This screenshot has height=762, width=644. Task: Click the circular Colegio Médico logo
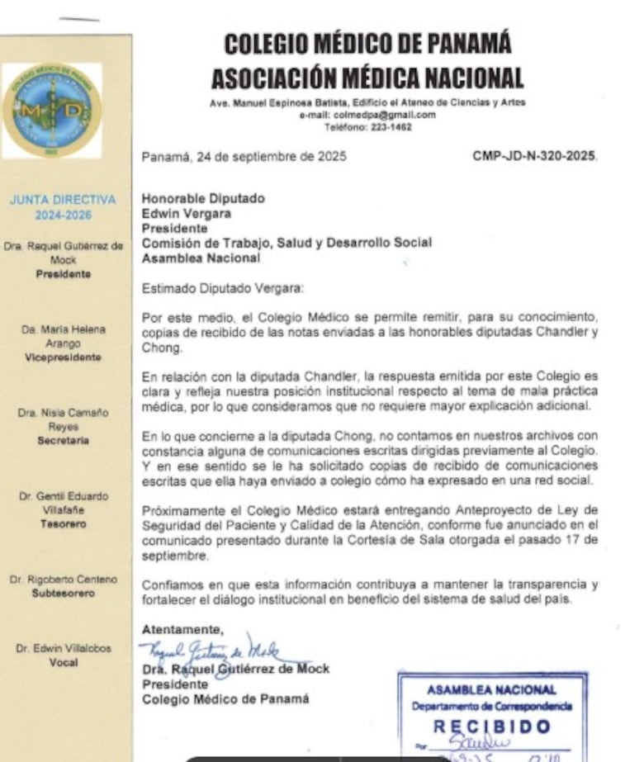[51, 111]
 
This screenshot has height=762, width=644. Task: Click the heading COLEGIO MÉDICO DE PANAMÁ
[367, 43]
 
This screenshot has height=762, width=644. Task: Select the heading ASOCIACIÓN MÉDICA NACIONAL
[367, 78]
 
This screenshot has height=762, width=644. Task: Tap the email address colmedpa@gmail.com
[367, 116]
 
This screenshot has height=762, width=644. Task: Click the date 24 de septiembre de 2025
[244, 155]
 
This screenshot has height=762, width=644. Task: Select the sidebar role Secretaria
[63, 441]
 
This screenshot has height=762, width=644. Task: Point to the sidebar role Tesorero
[63, 523]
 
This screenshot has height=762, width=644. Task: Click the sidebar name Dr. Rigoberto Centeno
[63, 579]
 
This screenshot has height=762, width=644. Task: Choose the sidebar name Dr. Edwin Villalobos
[63, 648]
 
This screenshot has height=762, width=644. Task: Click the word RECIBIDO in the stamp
[492, 727]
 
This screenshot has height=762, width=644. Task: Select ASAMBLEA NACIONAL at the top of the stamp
[492, 689]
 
